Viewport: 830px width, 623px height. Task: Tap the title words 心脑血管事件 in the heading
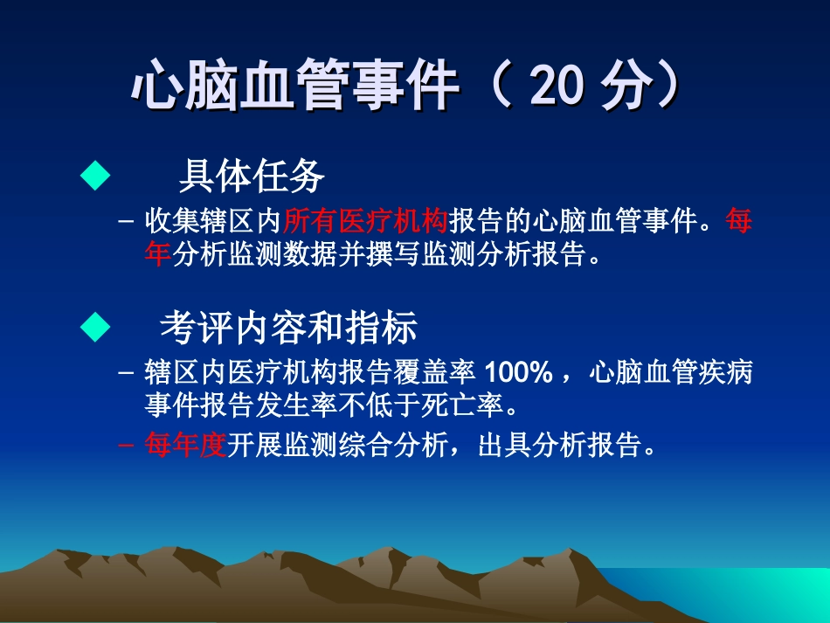click(295, 87)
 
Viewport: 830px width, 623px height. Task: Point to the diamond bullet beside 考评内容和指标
click(95, 328)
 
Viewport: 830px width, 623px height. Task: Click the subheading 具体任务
click(252, 177)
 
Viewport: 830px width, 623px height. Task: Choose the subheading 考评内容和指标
click(288, 329)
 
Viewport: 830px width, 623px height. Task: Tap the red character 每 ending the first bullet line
click(738, 222)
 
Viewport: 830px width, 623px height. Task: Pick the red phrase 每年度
click(185, 446)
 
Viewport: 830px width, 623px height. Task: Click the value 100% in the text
click(518, 373)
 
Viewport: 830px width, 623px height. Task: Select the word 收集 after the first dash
click(172, 222)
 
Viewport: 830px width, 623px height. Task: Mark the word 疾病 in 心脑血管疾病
click(725, 373)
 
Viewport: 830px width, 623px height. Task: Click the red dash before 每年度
click(127, 446)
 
